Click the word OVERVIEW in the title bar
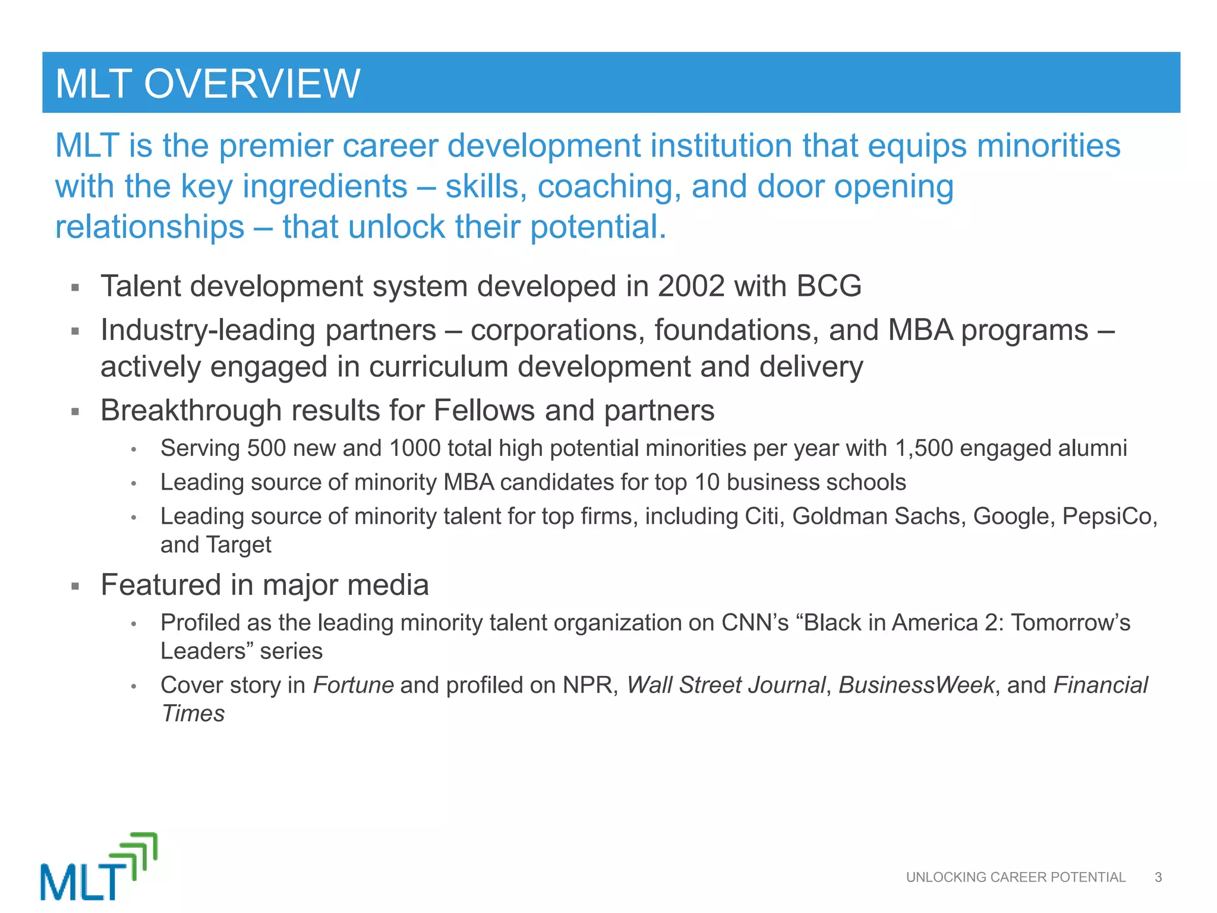coord(252,84)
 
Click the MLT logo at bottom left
coord(99,867)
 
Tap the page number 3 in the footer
coord(1158,877)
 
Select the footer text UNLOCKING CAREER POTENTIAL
coord(1015,877)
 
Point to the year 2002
coord(691,287)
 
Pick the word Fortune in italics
coord(353,685)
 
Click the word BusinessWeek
coord(916,685)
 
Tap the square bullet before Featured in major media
coord(75,586)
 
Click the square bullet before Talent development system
coord(75,288)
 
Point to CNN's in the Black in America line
coord(755,623)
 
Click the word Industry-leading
coord(209,330)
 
